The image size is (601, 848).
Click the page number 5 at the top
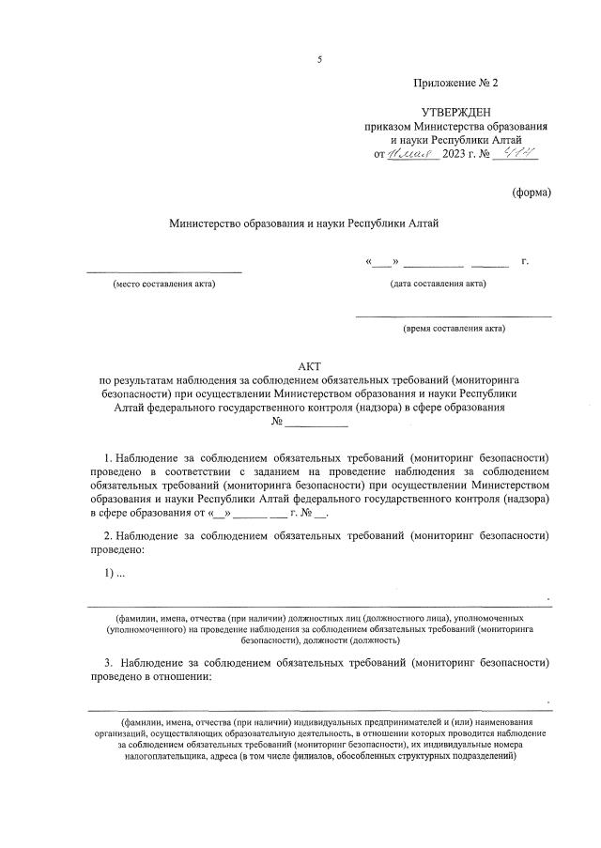pyautogui.click(x=319, y=60)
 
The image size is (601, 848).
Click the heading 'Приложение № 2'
pyautogui.click(x=455, y=84)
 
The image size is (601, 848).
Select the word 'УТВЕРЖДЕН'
pyautogui.click(x=455, y=113)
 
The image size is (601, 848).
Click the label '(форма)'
pyautogui.click(x=532, y=193)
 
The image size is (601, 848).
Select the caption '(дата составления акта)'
pyautogui.click(x=439, y=284)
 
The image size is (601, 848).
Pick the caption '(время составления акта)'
pyautogui.click(x=454, y=329)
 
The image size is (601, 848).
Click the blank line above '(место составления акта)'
pyautogui.click(x=163, y=271)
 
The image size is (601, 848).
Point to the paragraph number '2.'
pyautogui.click(x=109, y=535)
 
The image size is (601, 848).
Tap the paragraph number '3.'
pyautogui.click(x=109, y=662)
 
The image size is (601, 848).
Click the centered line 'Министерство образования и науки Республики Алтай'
pyautogui.click(x=303, y=224)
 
